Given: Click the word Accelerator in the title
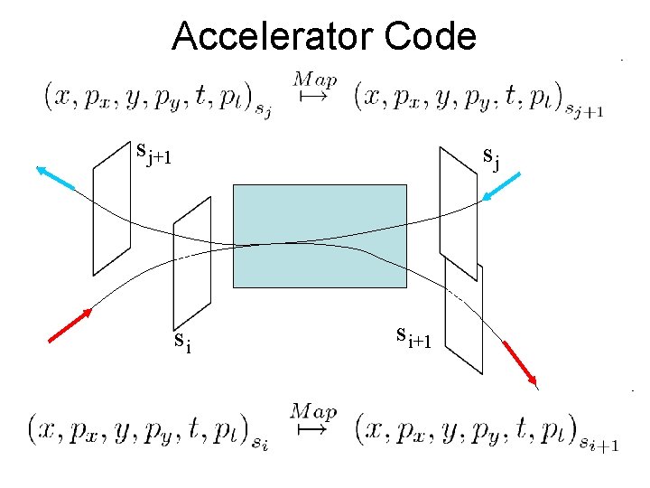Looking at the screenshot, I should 272,37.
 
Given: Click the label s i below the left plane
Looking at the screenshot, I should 182,342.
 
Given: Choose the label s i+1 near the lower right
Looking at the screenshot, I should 414,336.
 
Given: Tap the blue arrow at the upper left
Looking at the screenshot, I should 55,179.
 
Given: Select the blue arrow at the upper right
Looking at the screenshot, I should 502,186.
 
